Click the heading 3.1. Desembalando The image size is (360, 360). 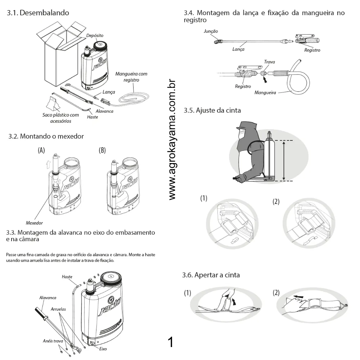point(38,13)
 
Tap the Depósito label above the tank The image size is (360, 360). point(95,36)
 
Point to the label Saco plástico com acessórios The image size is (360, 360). point(60,118)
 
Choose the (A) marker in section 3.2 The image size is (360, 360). point(41,150)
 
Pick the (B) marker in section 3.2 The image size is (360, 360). point(102,150)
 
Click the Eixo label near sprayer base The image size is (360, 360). point(103,349)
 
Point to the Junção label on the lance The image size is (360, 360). point(211,32)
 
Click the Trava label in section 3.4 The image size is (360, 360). point(269,62)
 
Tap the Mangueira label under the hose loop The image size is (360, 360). point(265,93)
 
